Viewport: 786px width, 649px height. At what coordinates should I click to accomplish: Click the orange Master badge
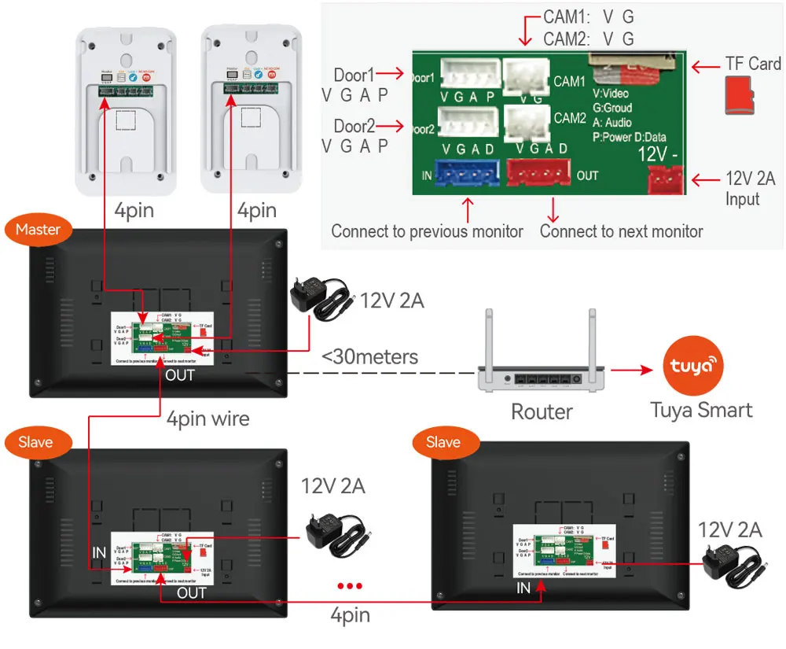click(38, 230)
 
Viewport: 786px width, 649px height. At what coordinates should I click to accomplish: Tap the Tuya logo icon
click(692, 367)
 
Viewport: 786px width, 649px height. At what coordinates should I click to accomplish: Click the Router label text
click(542, 411)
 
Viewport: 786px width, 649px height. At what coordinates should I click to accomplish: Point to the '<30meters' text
click(369, 356)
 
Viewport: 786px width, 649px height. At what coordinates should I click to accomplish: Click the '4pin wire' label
click(208, 418)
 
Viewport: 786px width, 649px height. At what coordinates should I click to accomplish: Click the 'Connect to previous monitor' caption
click(427, 231)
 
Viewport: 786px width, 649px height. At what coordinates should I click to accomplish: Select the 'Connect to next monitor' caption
click(621, 231)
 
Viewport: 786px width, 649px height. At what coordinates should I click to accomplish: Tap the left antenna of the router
click(487, 338)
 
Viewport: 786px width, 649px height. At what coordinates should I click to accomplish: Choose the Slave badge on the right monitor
click(443, 442)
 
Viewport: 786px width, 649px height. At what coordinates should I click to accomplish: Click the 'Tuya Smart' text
click(701, 409)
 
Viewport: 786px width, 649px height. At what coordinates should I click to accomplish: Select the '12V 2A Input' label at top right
click(749, 189)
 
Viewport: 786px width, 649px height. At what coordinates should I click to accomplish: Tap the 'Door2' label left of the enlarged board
click(354, 126)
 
